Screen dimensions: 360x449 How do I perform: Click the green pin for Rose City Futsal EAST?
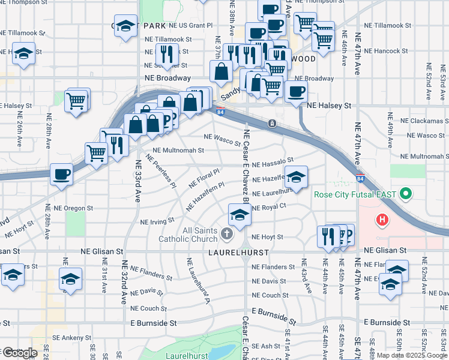tap(405, 194)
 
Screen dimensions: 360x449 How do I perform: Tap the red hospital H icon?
tap(382, 220)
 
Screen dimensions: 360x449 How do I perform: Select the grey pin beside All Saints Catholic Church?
tap(226, 233)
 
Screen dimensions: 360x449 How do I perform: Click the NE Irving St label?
tap(157, 222)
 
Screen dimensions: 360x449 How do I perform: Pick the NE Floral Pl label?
tap(205, 177)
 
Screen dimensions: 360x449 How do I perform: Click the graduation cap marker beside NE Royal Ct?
tap(240, 215)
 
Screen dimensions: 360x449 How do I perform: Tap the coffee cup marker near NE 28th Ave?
tap(61, 175)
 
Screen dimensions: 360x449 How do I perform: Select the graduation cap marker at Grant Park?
tap(125, 26)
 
